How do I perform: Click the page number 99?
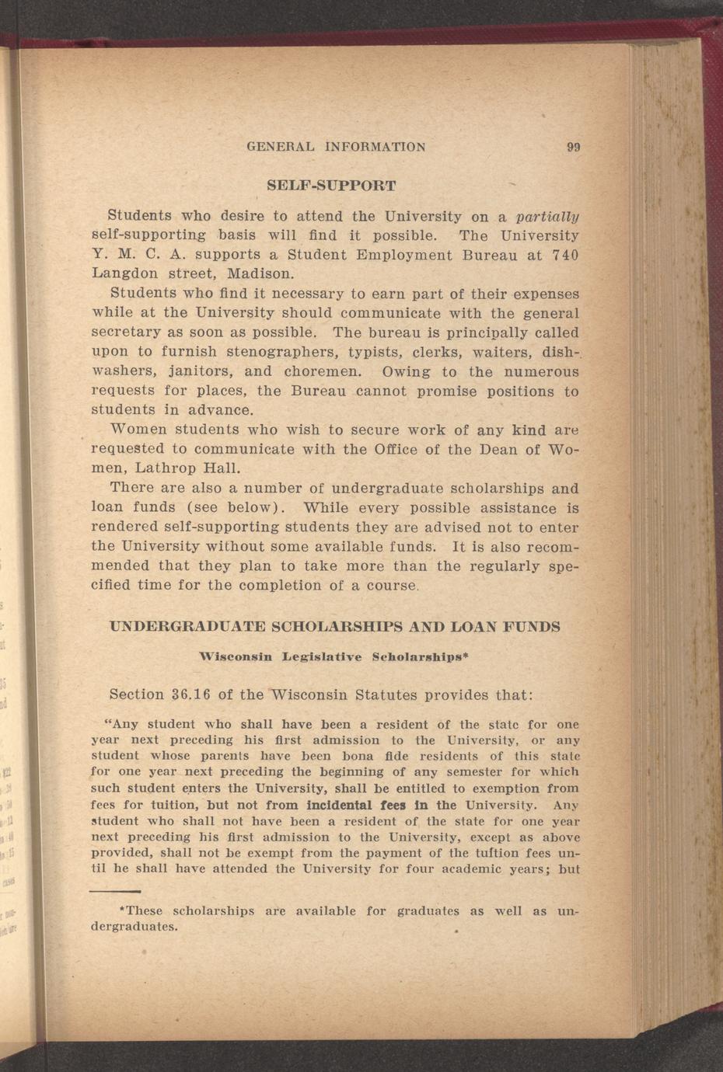574,147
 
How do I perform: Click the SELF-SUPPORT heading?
331,186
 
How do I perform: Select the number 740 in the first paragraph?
565,255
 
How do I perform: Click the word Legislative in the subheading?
322,657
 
